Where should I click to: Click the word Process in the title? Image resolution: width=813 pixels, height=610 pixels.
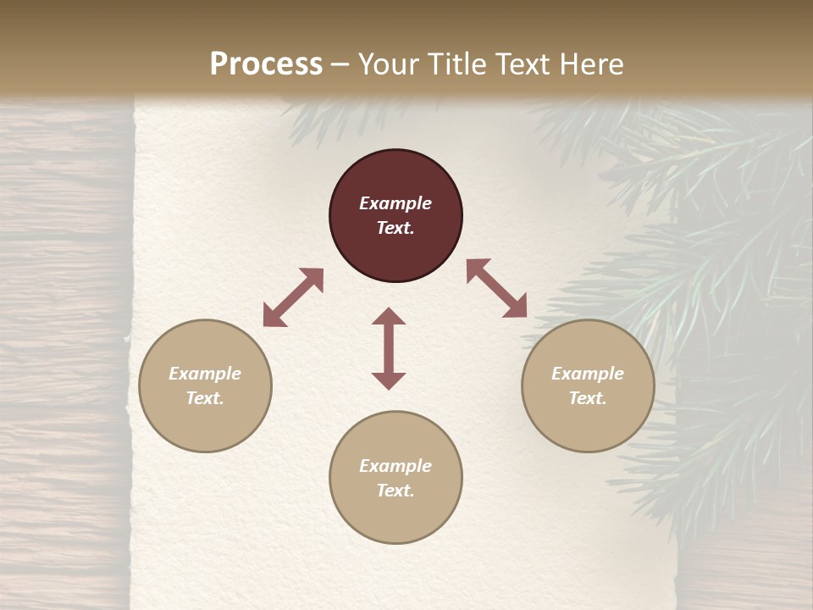click(266, 64)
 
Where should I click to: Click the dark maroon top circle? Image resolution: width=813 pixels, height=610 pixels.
click(395, 254)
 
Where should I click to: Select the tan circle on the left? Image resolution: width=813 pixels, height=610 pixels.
click(205, 424)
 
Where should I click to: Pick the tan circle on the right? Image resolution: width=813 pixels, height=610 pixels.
click(588, 424)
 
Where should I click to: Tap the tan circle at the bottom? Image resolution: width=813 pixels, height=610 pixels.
click(395, 517)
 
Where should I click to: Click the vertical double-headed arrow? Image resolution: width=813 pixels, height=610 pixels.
click(389, 348)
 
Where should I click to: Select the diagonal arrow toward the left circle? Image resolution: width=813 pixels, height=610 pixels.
click(293, 297)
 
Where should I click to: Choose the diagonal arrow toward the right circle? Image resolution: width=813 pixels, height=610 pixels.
click(497, 288)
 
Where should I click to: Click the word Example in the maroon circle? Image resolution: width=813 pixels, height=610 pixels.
click(395, 203)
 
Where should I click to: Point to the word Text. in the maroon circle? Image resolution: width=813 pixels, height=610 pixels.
click(395, 228)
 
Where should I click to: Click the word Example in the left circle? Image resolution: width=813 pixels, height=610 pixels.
click(205, 374)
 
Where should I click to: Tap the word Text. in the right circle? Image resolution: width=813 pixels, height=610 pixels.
click(588, 398)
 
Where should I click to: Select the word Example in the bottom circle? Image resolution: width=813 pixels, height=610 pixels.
click(395, 466)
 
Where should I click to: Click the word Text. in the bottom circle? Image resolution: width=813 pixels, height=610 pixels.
click(395, 491)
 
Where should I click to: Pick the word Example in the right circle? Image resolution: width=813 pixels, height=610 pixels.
click(588, 374)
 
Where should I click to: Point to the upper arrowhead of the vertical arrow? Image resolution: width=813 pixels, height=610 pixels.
click(389, 317)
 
